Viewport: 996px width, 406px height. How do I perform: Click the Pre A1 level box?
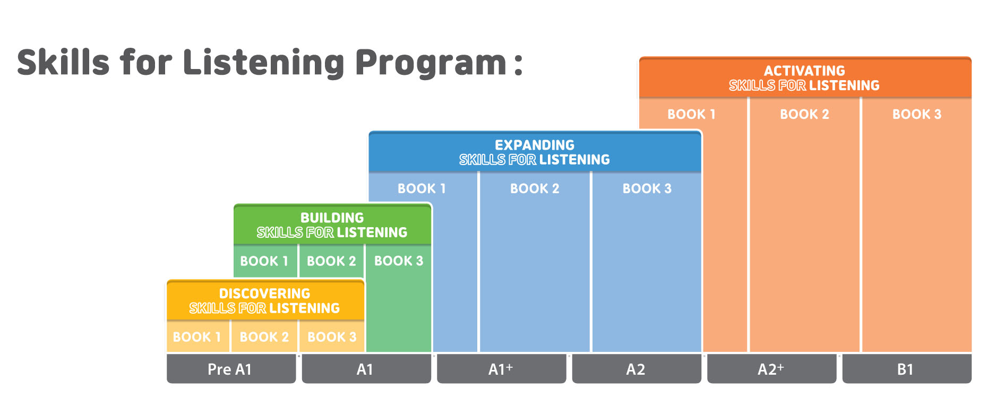(231, 369)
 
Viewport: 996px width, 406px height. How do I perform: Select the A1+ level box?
(501, 369)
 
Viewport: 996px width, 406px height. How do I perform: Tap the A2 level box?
(637, 369)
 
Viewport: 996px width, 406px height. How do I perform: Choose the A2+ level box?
(771, 369)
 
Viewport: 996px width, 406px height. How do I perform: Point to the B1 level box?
(907, 369)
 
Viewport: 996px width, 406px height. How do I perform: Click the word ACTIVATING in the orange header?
(804, 71)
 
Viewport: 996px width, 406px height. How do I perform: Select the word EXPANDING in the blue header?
(535, 145)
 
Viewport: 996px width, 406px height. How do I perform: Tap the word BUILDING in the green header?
(332, 218)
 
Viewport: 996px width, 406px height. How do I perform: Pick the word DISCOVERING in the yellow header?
(264, 293)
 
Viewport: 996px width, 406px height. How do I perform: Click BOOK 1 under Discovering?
(197, 337)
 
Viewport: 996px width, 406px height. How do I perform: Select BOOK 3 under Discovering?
(332, 337)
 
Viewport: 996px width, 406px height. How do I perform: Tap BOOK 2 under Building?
(331, 261)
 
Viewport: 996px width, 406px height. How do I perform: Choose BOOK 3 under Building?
(399, 261)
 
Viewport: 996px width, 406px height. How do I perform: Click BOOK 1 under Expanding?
(422, 188)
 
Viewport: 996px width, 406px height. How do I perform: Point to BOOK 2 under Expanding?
(535, 188)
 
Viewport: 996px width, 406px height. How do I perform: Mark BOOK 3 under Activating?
(917, 114)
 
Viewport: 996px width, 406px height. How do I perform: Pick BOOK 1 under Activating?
(691, 114)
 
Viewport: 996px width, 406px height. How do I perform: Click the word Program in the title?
(431, 64)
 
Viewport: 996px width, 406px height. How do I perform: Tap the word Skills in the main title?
(63, 62)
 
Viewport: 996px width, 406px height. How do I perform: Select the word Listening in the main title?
(264, 64)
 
